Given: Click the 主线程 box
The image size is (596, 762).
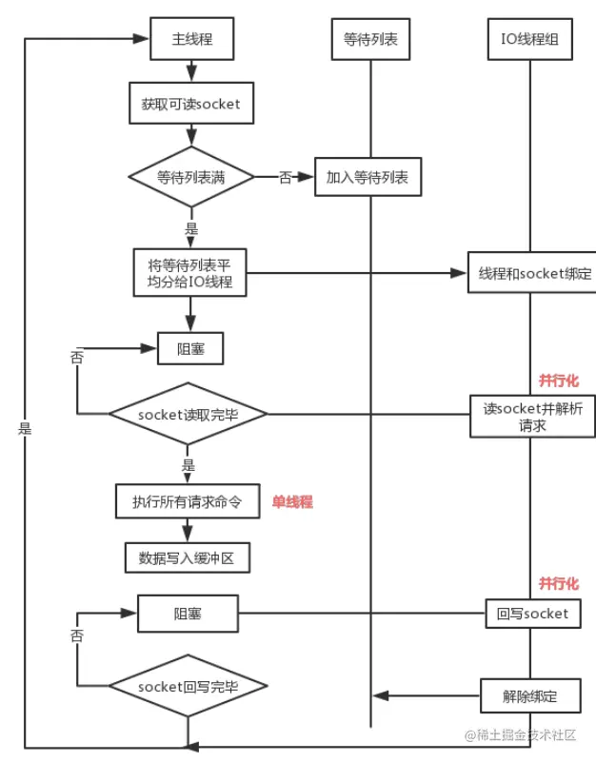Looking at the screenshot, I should click(191, 40).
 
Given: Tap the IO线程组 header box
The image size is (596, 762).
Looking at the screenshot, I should click(529, 40).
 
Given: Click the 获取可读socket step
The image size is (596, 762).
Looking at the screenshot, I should click(191, 104).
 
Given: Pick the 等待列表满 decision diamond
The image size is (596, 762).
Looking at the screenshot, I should click(191, 176).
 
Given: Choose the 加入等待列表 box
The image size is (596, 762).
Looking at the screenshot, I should click(368, 177).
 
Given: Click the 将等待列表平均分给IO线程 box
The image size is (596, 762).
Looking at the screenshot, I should click(190, 273).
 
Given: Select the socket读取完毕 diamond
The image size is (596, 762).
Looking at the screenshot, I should click(188, 414).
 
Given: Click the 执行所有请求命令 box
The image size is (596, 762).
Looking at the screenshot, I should click(188, 500).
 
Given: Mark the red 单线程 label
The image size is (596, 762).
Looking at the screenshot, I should click(292, 502).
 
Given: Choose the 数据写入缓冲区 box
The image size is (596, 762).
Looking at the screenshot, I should click(188, 558).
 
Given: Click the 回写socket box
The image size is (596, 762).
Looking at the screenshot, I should click(531, 614).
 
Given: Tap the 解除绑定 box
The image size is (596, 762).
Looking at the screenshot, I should click(529, 695).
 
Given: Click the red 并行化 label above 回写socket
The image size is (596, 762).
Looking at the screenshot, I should click(558, 583).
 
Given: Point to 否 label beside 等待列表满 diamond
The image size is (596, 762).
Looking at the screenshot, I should click(285, 177).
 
